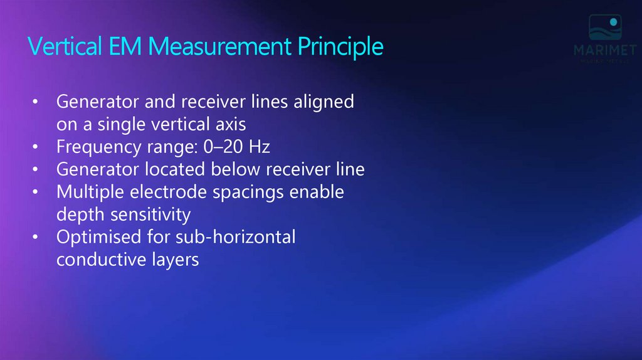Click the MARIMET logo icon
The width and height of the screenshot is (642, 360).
(604, 29)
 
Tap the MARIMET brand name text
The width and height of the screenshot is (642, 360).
(604, 51)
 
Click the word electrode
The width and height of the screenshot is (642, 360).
(164, 192)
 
